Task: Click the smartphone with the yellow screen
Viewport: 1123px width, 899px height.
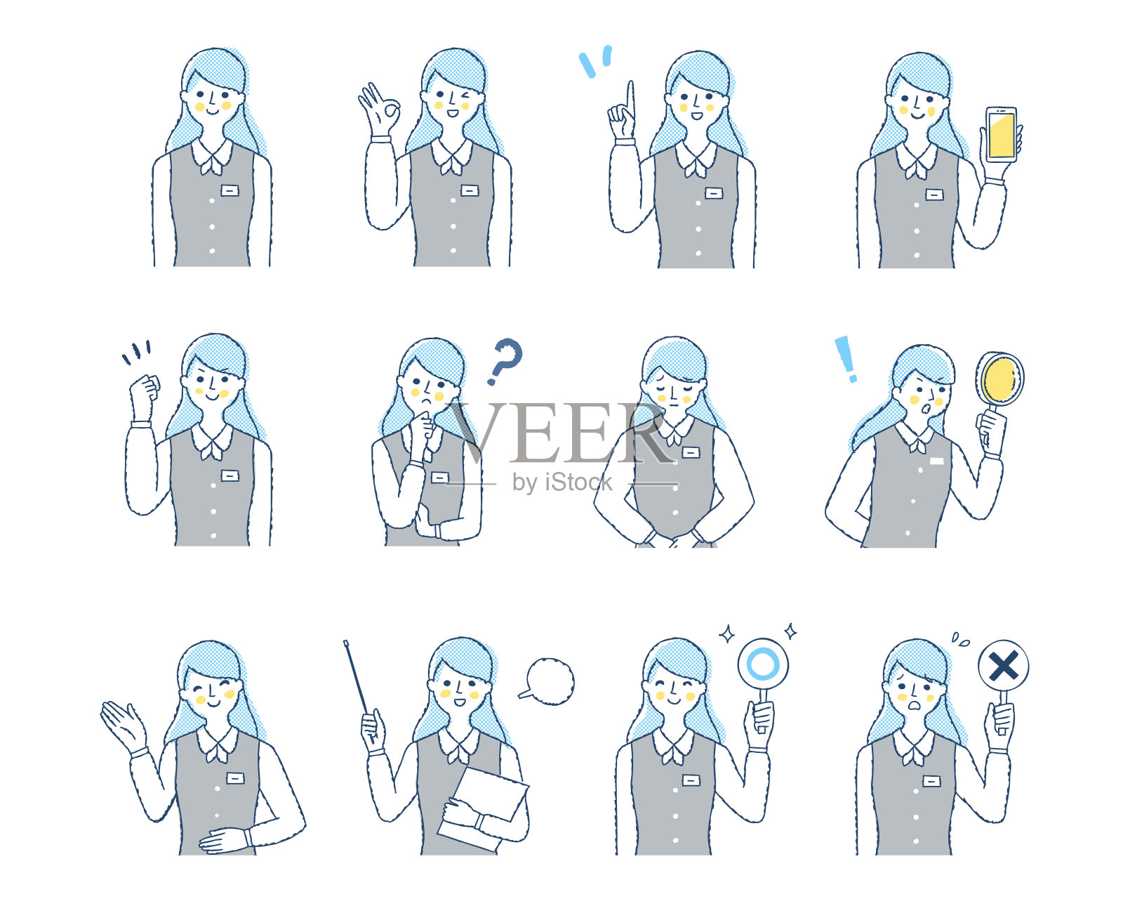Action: [1001, 135]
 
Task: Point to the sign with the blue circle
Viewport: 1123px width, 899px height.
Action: [763, 664]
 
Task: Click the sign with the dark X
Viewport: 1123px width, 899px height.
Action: [1004, 666]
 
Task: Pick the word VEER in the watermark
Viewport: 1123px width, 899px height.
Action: [561, 433]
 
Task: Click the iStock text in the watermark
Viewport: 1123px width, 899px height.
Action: [578, 482]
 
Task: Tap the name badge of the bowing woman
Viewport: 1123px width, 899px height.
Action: [691, 452]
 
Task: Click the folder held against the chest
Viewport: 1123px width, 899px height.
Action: [483, 804]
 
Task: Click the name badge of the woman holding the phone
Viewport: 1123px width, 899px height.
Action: [934, 195]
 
